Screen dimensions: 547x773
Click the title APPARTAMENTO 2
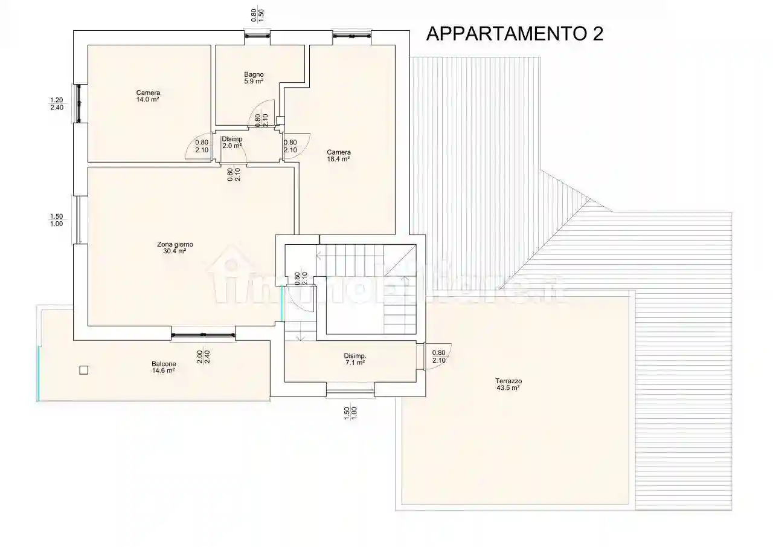[515, 34]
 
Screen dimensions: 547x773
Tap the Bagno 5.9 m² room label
[254, 77]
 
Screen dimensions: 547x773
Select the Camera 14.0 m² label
[147, 95]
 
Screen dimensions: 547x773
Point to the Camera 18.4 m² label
[339, 155]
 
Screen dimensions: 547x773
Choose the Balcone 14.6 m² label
[164, 367]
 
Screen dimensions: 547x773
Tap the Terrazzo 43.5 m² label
[508, 384]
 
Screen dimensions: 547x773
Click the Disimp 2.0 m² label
[232, 143]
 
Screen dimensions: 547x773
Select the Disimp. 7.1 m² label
[354, 360]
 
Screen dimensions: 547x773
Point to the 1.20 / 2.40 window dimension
[56, 104]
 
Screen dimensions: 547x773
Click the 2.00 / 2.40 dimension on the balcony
[203, 357]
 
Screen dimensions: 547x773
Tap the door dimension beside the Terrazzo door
[439, 357]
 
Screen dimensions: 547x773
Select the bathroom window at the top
[257, 36]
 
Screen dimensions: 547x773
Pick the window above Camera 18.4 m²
[351, 36]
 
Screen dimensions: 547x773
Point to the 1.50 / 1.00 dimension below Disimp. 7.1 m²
[350, 413]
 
